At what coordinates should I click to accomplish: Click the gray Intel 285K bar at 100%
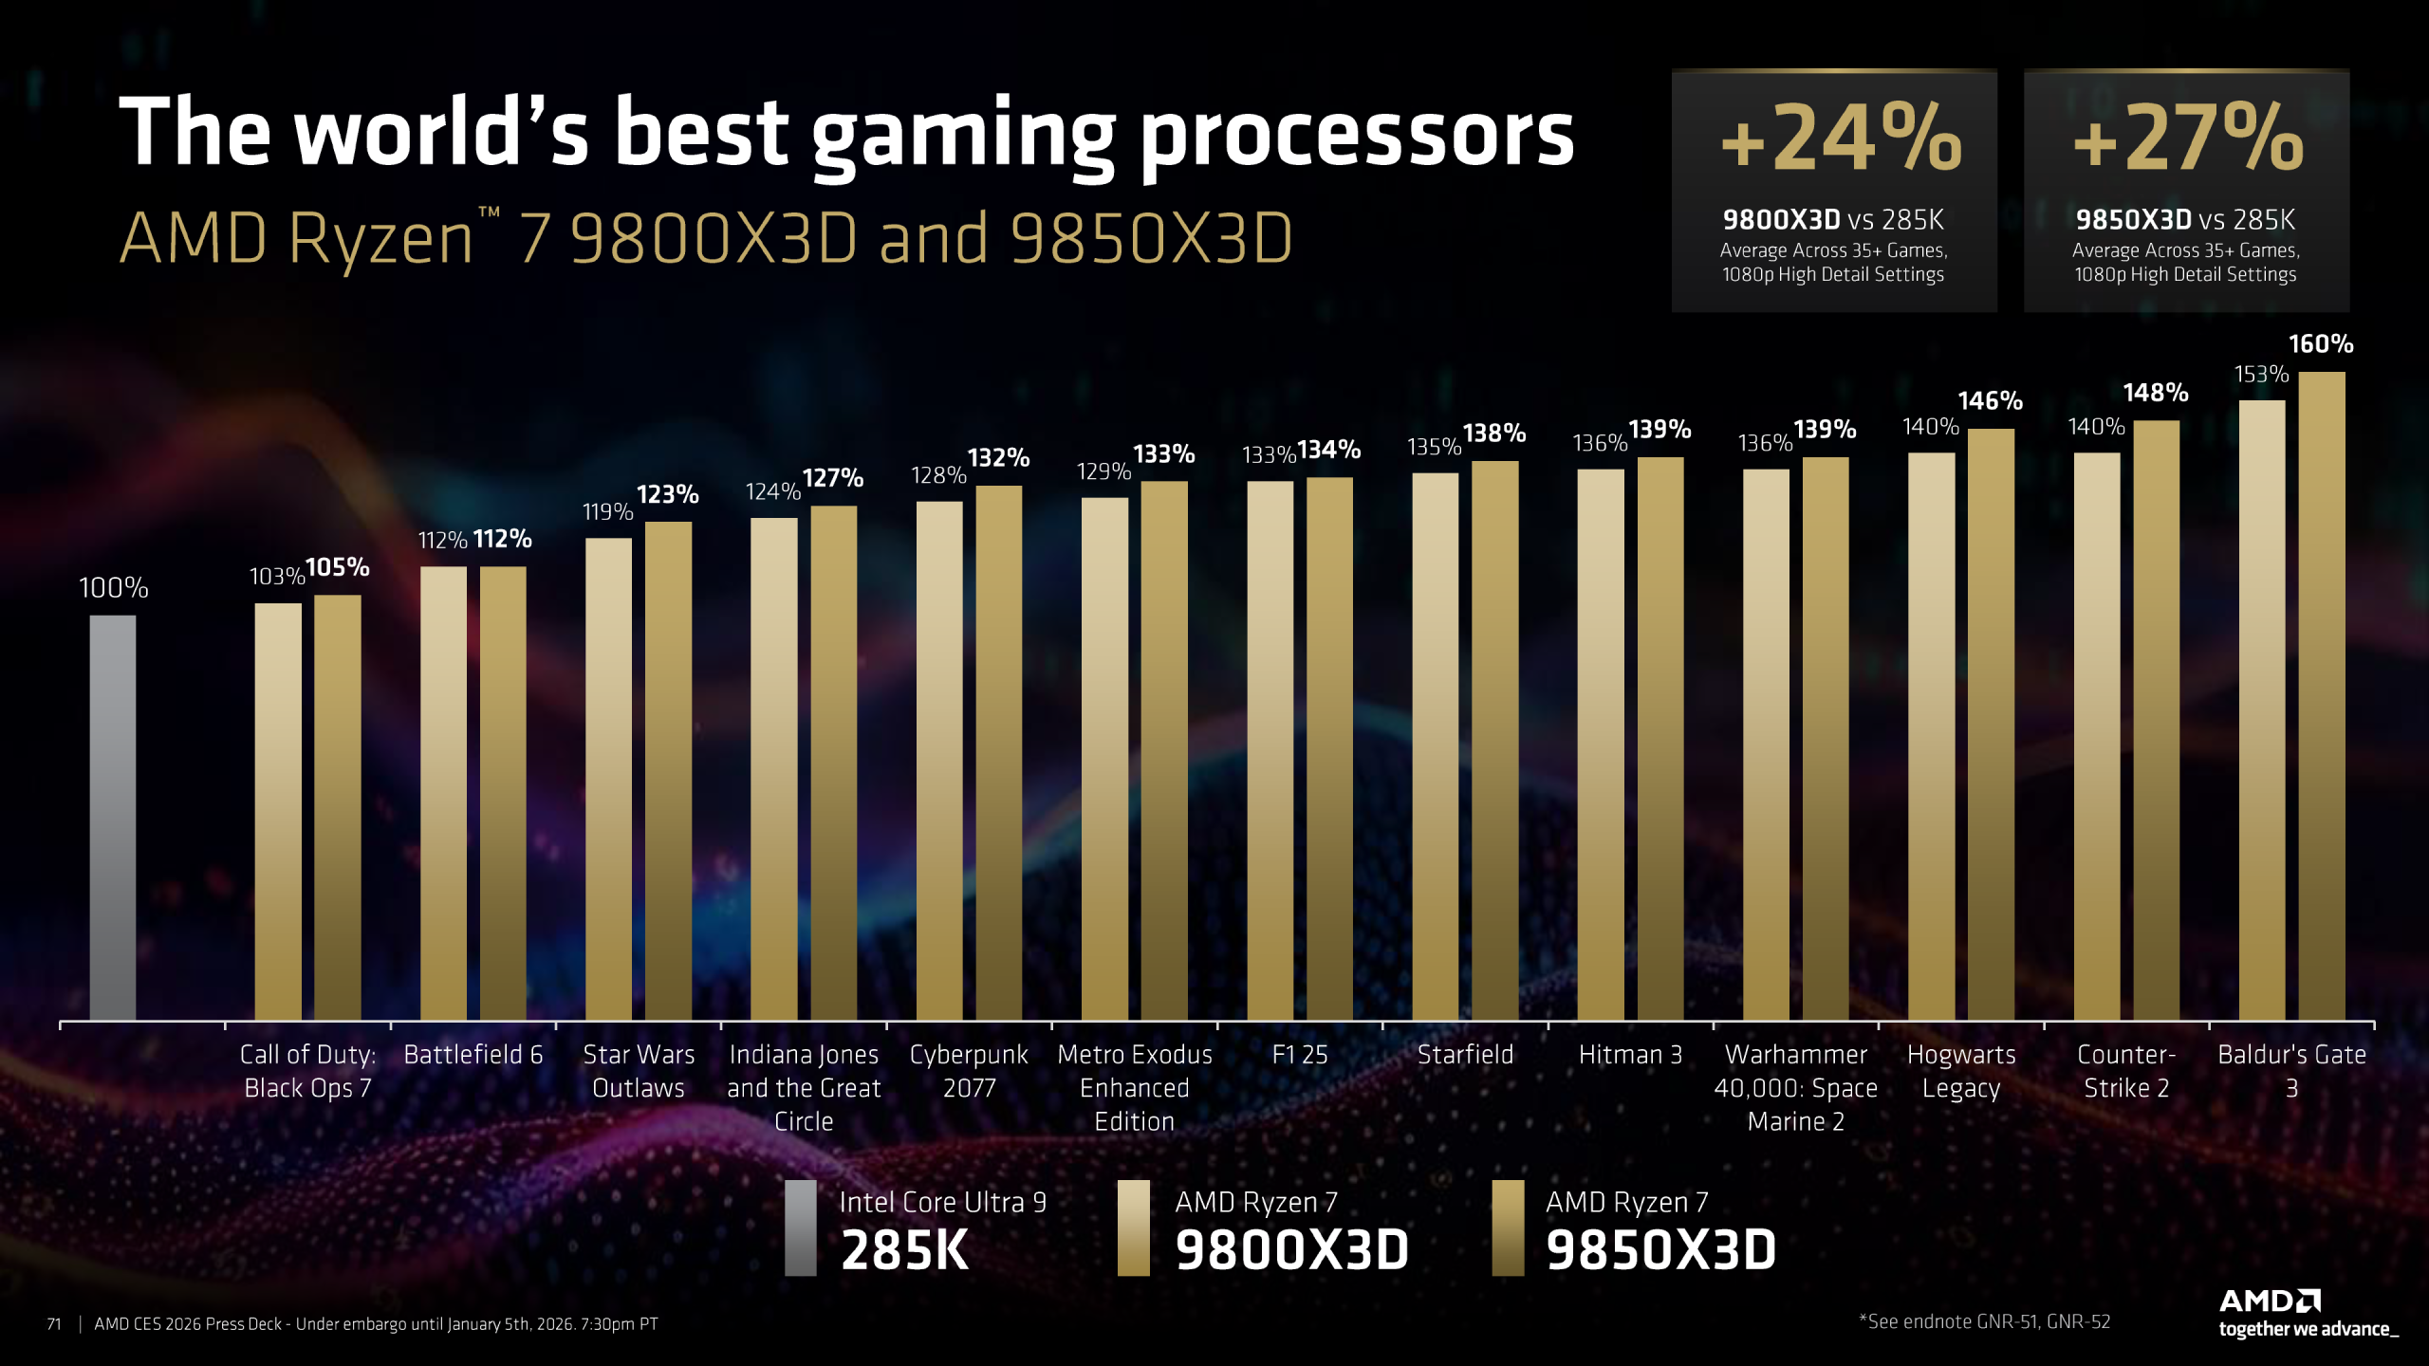(x=113, y=816)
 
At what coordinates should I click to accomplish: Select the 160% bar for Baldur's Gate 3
(x=2321, y=692)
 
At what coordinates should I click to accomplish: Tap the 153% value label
(x=2261, y=375)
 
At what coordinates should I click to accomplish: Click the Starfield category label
(x=1465, y=1055)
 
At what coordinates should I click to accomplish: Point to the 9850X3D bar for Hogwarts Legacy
(x=1991, y=721)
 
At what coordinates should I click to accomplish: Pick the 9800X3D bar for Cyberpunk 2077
(x=938, y=759)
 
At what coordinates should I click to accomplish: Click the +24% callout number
(x=1840, y=139)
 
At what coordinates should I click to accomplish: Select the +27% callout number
(x=2187, y=139)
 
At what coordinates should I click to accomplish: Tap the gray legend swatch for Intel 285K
(x=800, y=1228)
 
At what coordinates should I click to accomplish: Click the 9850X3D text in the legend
(x=1660, y=1250)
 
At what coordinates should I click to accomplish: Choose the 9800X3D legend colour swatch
(x=1133, y=1228)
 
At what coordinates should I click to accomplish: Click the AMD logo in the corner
(x=2270, y=1301)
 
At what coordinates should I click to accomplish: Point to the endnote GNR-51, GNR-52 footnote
(x=1984, y=1322)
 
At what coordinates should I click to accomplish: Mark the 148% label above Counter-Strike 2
(x=2155, y=393)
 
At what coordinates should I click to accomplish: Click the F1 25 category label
(x=1300, y=1055)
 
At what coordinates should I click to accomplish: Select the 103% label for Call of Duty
(x=276, y=577)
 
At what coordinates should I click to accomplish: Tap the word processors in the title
(x=1357, y=135)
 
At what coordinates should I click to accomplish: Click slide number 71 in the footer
(x=54, y=1324)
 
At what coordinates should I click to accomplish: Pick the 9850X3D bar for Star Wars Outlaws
(x=668, y=768)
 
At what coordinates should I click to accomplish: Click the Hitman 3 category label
(x=1630, y=1055)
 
